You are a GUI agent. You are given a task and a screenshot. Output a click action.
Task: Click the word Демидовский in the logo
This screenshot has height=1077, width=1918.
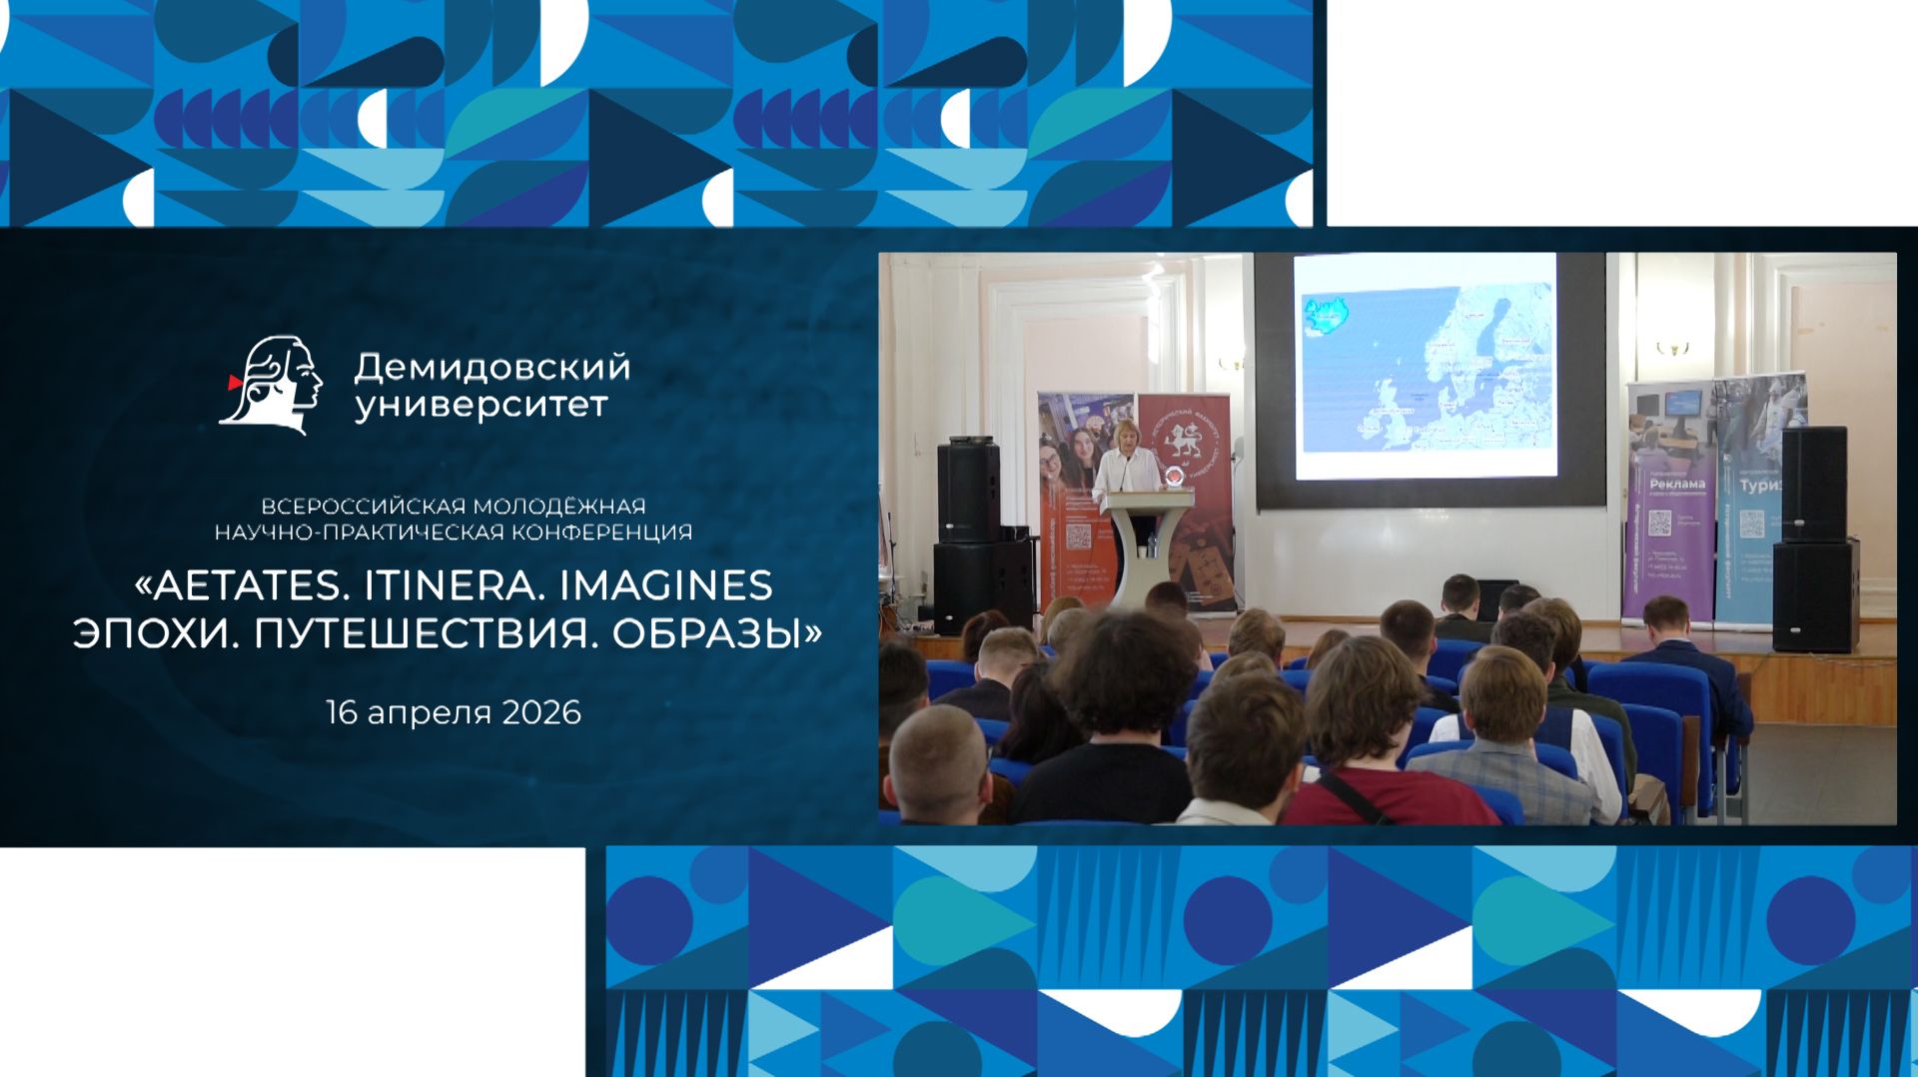491,368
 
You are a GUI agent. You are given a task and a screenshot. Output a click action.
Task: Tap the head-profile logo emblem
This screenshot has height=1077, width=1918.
271,385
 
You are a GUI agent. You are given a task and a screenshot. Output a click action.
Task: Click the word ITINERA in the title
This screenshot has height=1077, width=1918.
452,585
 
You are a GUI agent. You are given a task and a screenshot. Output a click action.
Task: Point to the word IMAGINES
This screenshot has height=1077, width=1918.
665,585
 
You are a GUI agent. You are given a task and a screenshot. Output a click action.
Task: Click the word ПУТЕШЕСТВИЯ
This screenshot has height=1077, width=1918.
424,633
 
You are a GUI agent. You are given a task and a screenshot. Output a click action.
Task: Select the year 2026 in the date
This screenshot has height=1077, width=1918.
541,712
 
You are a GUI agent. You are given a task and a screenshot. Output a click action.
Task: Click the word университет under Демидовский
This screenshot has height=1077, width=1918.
481,406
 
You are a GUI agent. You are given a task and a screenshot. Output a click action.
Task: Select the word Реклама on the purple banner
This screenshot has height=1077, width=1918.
1677,484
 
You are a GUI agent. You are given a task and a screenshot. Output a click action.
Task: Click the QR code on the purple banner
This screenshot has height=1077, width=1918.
1660,523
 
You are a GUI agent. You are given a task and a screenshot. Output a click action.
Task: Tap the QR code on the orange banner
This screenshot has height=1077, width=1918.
1078,537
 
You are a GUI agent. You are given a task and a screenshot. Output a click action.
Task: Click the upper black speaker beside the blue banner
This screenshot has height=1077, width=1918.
1813,484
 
